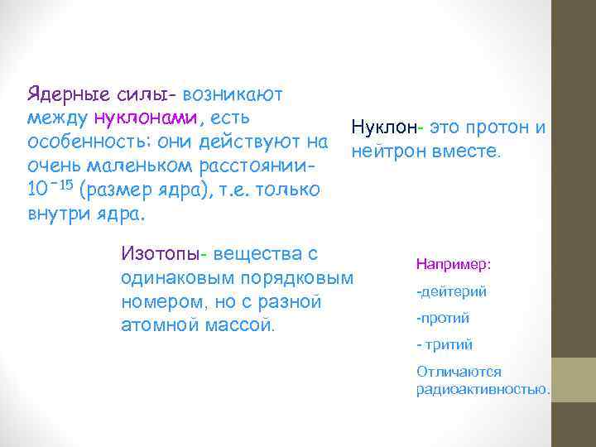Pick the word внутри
click(55, 213)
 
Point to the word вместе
click(467, 152)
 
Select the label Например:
click(454, 265)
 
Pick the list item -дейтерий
click(451, 291)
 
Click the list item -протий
click(443, 318)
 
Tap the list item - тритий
click(445, 344)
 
